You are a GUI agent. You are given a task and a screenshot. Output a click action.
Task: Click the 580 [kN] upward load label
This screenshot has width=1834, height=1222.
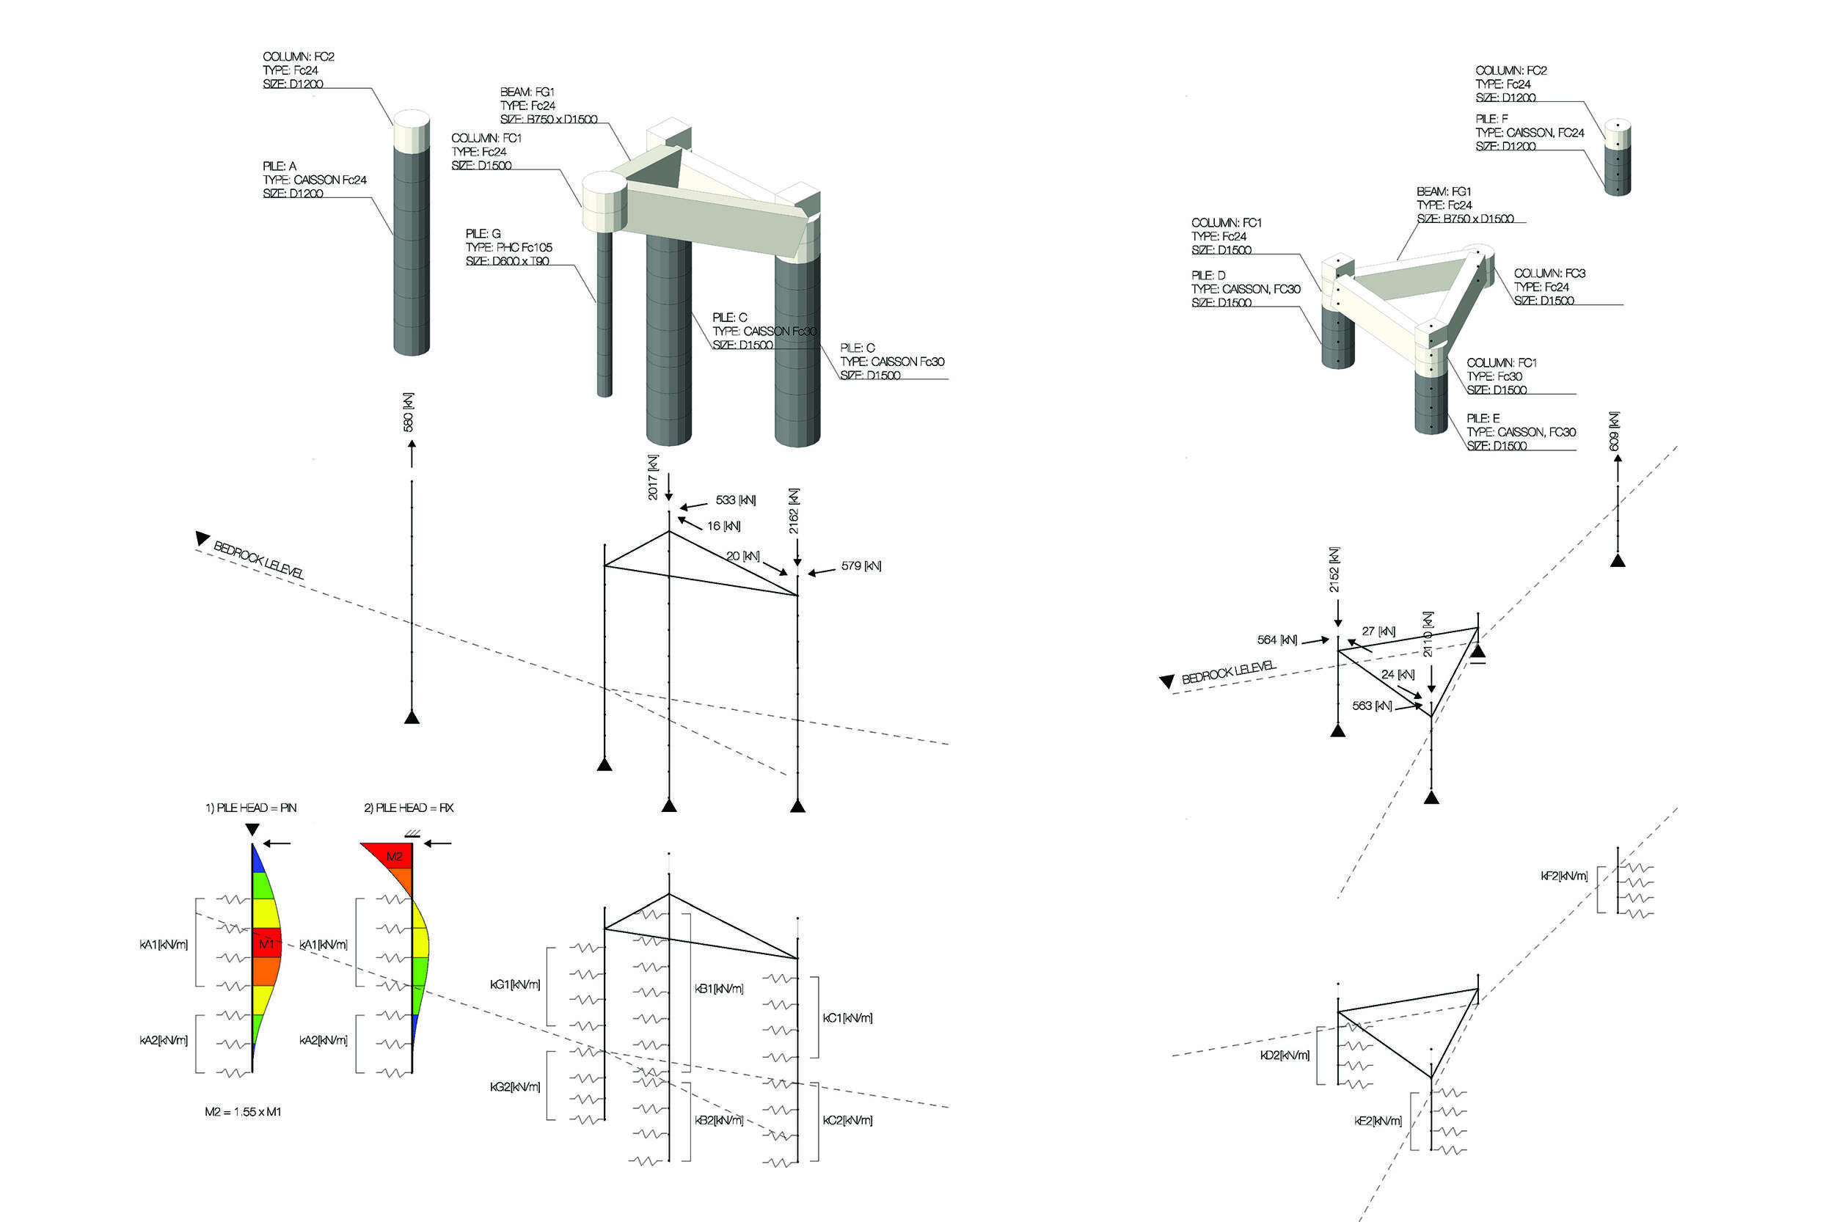coord(408,411)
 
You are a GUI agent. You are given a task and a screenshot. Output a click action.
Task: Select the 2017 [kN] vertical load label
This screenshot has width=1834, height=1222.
coord(652,477)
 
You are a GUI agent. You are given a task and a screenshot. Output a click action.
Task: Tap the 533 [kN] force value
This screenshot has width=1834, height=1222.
coord(735,500)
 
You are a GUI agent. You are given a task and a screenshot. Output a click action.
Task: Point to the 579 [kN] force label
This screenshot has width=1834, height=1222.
coord(861,566)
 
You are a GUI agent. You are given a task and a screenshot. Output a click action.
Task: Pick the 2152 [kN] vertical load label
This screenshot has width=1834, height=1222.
coord(1334,569)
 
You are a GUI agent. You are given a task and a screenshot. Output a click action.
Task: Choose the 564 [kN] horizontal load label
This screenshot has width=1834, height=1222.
coord(1276,640)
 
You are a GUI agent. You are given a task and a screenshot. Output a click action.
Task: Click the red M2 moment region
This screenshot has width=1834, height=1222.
coord(394,857)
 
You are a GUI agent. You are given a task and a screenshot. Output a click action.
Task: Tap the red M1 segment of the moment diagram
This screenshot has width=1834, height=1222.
coord(266,943)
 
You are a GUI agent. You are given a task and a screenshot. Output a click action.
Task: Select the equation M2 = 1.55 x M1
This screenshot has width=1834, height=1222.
coord(242,1111)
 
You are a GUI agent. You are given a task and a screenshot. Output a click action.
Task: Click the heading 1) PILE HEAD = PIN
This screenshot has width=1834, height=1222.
coord(250,808)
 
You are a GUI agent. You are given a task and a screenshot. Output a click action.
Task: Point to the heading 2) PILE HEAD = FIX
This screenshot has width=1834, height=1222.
coord(409,808)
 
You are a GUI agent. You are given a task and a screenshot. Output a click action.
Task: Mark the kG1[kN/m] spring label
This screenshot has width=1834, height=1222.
coord(514,984)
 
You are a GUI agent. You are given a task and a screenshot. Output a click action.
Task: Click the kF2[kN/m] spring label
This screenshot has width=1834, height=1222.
coord(1563,876)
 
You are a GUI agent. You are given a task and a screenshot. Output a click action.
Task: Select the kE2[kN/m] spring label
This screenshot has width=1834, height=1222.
coord(1377,1121)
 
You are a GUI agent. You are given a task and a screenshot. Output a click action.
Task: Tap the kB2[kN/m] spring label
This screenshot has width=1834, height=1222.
coord(719,1120)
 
